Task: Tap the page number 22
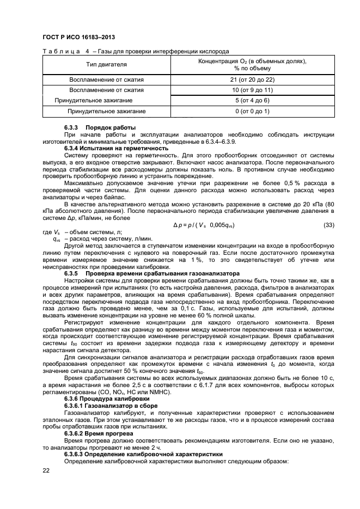pyautogui.click(x=46, y=470)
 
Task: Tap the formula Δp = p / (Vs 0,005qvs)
pyautogui.click(x=204, y=225)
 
